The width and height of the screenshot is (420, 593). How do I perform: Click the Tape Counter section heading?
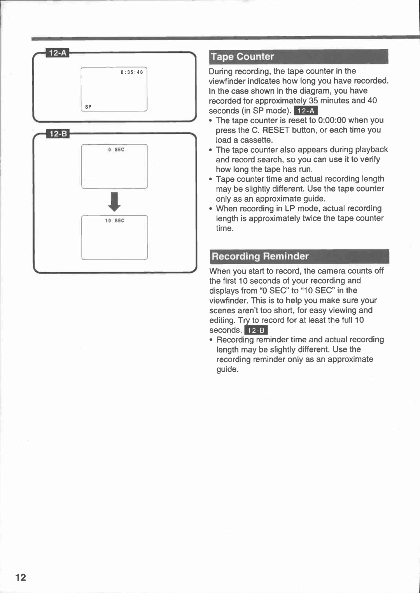tap(242, 57)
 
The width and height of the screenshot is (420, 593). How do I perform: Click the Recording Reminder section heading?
tap(260, 256)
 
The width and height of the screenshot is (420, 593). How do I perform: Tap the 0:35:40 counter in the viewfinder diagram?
tap(132, 72)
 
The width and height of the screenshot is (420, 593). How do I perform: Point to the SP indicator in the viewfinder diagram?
tap(88, 106)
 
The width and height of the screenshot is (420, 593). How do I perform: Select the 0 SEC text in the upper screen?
tap(116, 150)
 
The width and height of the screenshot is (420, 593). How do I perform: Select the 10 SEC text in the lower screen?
tap(114, 221)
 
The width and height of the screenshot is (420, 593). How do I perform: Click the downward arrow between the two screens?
tap(114, 202)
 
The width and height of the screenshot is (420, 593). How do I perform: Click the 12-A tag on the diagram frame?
tap(58, 53)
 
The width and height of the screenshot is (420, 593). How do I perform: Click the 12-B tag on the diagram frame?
tap(58, 134)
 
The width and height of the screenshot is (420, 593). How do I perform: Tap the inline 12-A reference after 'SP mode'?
tap(306, 111)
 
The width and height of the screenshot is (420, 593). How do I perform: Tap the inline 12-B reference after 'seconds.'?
tap(256, 330)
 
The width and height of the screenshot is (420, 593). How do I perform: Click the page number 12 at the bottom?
tap(21, 577)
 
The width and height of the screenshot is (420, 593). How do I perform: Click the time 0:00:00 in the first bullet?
tap(332, 120)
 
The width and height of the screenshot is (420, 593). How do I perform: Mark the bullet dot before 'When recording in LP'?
tap(210, 209)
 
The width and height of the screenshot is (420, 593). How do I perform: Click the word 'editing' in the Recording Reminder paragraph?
tap(222, 320)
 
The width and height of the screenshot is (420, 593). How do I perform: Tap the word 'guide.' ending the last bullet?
tap(227, 370)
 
